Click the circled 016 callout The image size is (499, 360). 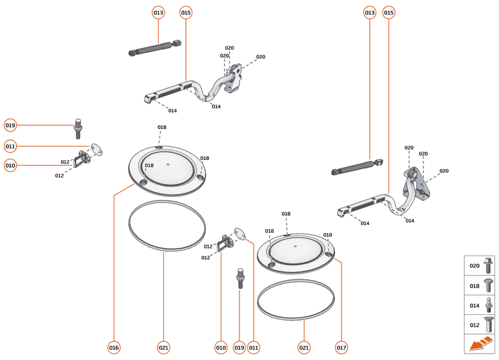[x=114, y=347]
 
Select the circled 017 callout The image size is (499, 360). [x=341, y=347]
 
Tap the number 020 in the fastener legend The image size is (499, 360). [x=474, y=265]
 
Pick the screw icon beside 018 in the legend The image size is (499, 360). [x=488, y=285]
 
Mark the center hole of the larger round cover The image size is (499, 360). [x=168, y=164]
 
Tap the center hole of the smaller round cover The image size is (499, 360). [x=294, y=246]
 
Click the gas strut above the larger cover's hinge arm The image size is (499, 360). [x=155, y=48]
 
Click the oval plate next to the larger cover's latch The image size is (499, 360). [x=97, y=149]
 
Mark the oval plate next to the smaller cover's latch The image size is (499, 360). [x=241, y=232]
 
